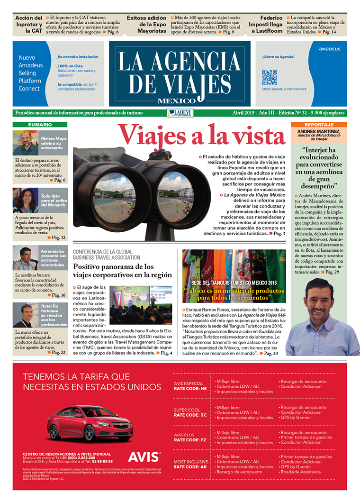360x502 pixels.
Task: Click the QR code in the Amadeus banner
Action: [x=269, y=77]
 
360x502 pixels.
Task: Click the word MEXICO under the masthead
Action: [x=176, y=100]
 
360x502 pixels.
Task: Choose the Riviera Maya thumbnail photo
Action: [x=25, y=143]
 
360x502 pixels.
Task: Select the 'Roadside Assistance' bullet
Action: [x=300, y=472]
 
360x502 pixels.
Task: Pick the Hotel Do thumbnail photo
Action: [x=25, y=315]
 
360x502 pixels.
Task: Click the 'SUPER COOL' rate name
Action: [x=187, y=410]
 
